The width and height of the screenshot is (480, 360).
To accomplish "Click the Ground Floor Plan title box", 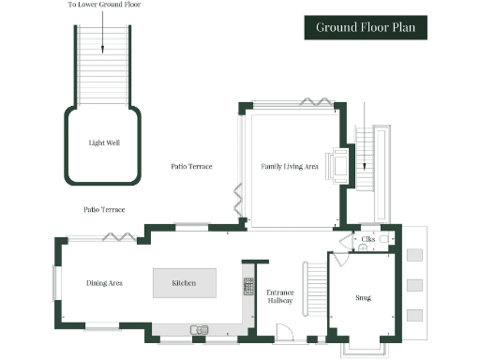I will point(366,27).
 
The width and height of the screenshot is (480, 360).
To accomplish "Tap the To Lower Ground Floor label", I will point(103,6).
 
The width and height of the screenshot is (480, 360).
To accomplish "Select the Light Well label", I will point(102,143).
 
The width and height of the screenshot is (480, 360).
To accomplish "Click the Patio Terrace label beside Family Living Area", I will point(191,166).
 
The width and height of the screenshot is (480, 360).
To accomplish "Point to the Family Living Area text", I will point(290,166).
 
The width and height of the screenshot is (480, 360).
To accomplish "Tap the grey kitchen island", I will point(185,282).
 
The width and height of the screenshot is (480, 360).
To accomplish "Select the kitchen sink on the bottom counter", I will point(199,329).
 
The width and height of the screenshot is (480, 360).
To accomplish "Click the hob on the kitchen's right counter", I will point(248,284).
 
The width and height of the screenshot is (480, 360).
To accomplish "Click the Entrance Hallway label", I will point(280,297).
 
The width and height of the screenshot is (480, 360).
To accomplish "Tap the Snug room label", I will point(364,297).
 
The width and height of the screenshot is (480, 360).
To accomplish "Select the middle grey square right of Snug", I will point(415,284).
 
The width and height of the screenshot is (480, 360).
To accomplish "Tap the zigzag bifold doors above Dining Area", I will point(117,236).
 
